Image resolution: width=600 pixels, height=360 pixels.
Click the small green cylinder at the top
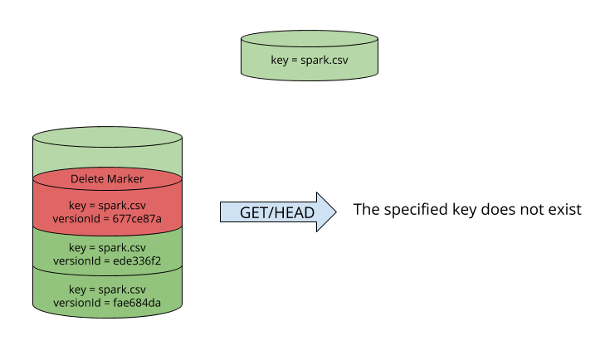(x=310, y=54)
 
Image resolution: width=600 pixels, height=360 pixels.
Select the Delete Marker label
(x=107, y=179)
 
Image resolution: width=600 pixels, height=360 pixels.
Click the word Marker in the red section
(x=125, y=179)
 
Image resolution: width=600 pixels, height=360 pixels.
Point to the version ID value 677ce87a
(x=136, y=219)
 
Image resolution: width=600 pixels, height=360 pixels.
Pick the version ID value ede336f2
(x=136, y=260)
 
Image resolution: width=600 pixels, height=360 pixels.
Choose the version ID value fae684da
(x=136, y=303)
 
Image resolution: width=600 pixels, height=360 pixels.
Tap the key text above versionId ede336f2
(x=107, y=248)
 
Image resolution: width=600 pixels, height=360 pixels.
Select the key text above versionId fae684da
(x=107, y=290)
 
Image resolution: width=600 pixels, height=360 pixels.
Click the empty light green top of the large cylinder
(x=107, y=154)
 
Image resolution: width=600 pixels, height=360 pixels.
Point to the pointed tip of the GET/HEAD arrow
(x=334, y=212)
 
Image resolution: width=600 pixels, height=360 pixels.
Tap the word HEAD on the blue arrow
(x=296, y=213)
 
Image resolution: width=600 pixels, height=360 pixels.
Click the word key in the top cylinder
(x=280, y=60)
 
